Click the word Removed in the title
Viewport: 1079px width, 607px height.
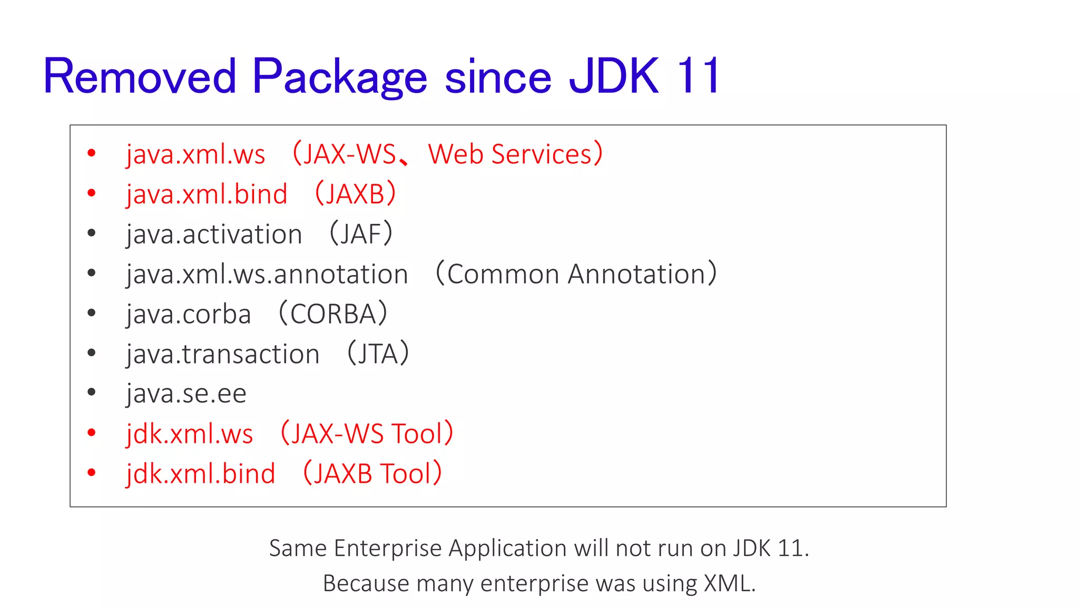(x=140, y=77)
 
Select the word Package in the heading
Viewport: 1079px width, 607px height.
(x=339, y=77)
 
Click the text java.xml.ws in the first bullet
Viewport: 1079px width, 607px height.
(x=195, y=154)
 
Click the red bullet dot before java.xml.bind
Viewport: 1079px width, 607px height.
(x=92, y=193)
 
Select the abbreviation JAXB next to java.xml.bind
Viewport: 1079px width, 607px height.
(x=355, y=194)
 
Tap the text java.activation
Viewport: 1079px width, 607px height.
(x=214, y=234)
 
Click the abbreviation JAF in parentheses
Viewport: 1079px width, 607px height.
(x=361, y=234)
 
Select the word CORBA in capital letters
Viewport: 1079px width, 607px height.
(x=333, y=315)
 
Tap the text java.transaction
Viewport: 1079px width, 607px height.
(x=223, y=354)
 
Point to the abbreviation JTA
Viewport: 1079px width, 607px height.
(x=378, y=354)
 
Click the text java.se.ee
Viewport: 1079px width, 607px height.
(x=186, y=394)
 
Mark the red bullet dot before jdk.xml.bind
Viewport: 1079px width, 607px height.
(x=92, y=473)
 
